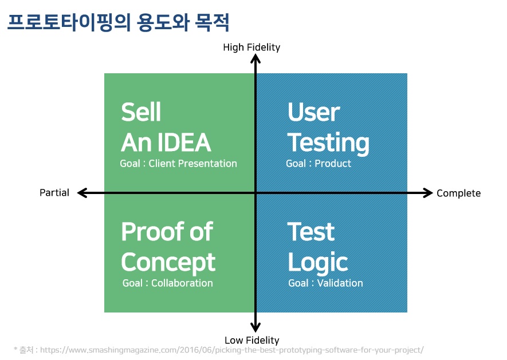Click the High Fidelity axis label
click(251, 48)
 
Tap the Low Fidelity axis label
click(252, 340)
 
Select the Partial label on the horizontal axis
click(54, 193)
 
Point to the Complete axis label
click(458, 193)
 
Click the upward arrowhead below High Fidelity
click(256, 59)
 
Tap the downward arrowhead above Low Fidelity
click(256, 327)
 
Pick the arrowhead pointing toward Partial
click(82, 193)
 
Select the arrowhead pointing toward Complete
click(427, 193)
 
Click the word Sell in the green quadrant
click(141, 112)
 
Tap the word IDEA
click(184, 142)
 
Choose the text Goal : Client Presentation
click(179, 164)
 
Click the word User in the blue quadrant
click(313, 112)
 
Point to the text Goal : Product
click(319, 164)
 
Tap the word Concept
click(168, 262)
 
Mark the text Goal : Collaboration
click(167, 283)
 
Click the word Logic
click(318, 262)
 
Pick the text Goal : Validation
click(325, 283)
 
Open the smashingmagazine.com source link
click(232, 350)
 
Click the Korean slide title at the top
click(119, 22)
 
